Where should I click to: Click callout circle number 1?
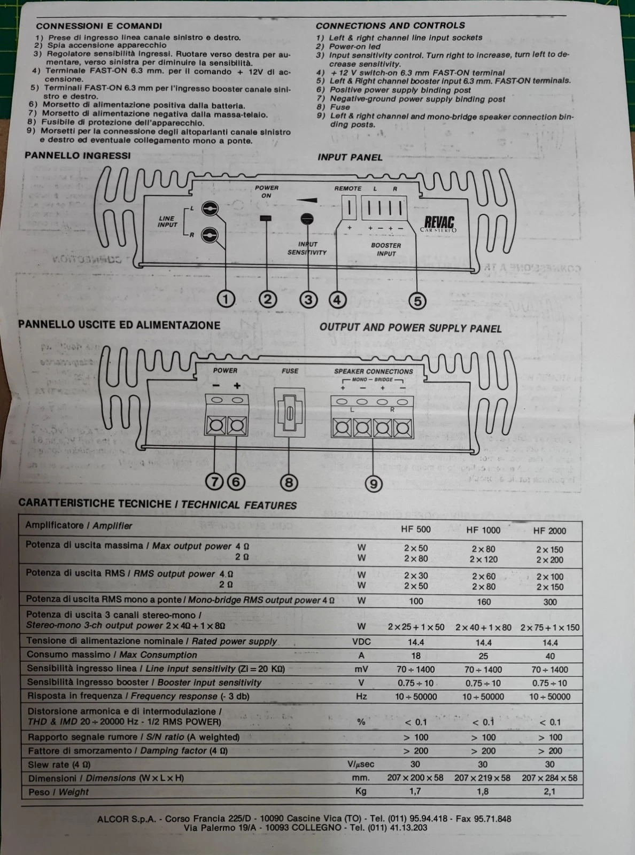226,299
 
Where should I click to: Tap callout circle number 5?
417,301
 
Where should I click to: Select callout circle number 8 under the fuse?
289,483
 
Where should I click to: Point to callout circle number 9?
374,484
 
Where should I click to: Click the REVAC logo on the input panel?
439,223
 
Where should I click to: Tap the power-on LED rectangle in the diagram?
266,218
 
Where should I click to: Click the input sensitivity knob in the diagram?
307,219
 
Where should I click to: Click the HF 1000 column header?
483,530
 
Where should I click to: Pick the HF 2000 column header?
549,531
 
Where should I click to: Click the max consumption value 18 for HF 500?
416,656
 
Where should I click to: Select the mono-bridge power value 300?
549,602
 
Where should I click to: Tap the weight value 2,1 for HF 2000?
549,791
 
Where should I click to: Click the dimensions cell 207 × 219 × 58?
482,778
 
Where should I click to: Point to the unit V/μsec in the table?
361,764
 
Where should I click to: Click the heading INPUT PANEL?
350,157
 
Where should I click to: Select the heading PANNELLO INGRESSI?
78,156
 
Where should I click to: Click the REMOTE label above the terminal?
348,189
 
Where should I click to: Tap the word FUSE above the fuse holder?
290,371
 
